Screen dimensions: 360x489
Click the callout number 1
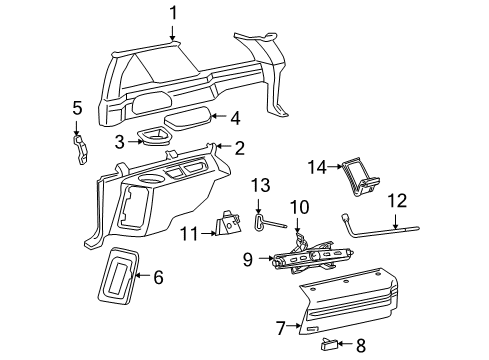click(x=173, y=13)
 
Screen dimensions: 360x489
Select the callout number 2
click(x=239, y=148)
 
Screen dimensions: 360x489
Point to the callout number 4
click(x=234, y=117)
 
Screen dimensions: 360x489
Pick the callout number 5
click(x=76, y=107)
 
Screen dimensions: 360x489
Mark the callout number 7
click(x=282, y=324)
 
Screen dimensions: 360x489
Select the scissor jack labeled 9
click(x=314, y=261)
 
